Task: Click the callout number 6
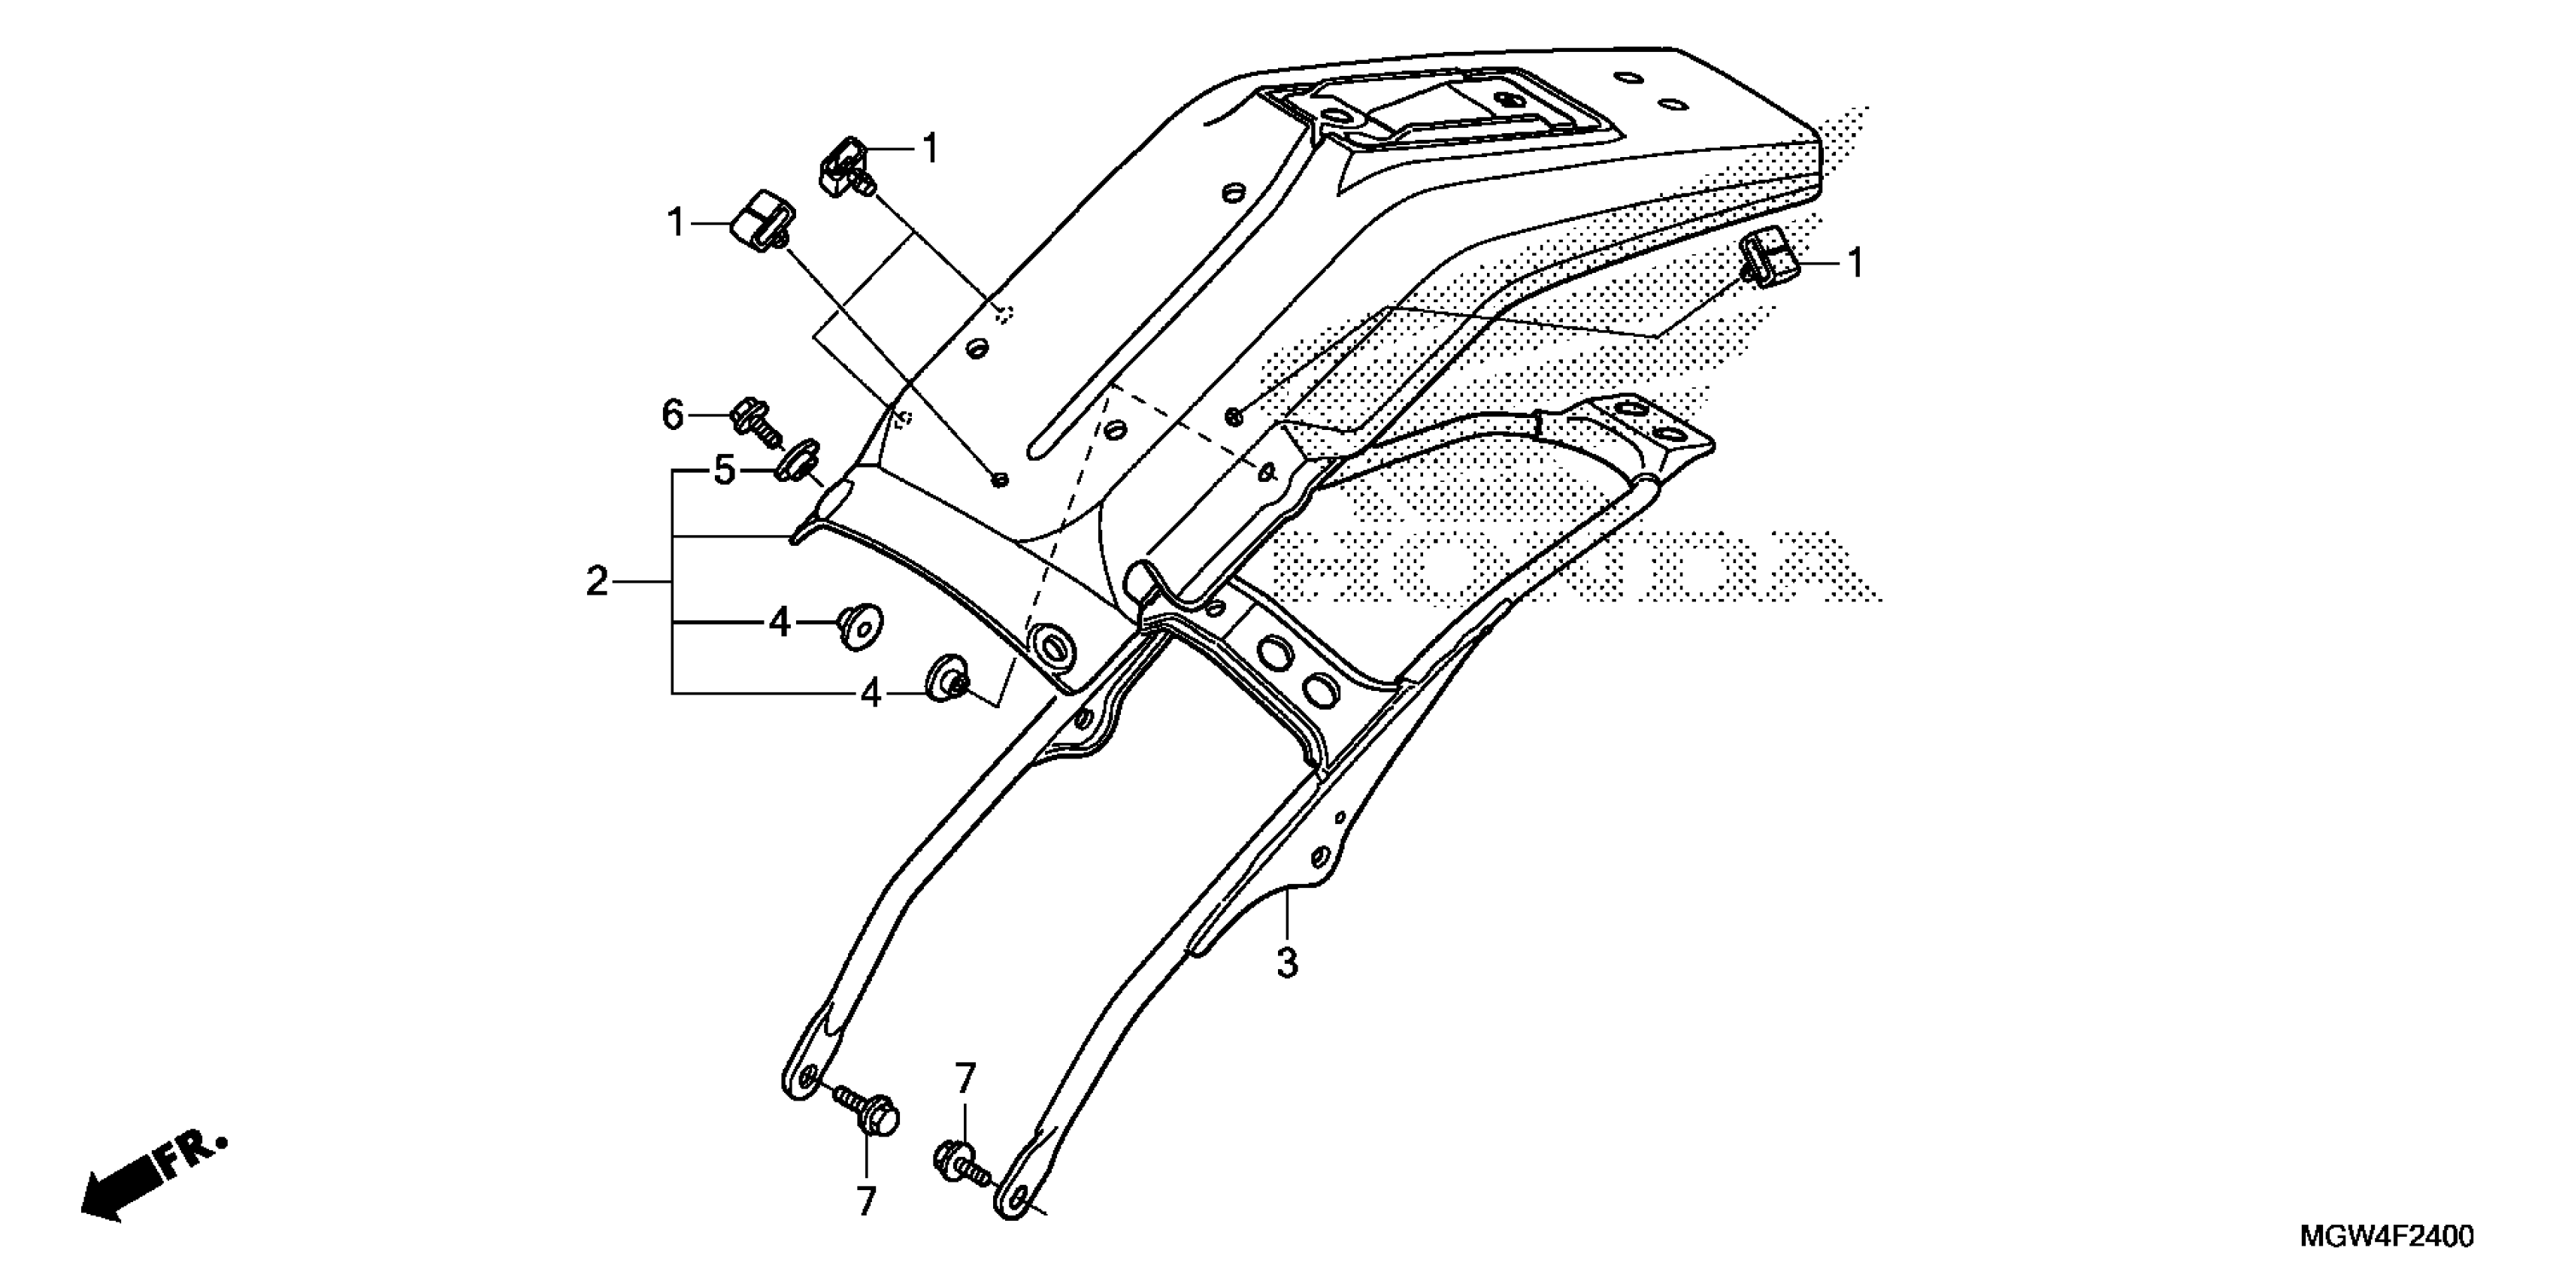[673, 415]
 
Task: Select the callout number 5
[725, 471]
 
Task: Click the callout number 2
[596, 580]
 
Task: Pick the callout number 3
[1287, 962]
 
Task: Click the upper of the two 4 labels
[780, 623]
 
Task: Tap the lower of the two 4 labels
[871, 694]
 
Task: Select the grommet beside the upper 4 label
[859, 624]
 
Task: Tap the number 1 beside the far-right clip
[1854, 264]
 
